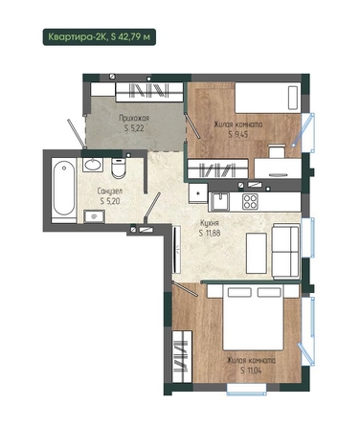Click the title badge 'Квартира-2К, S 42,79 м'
[100, 37]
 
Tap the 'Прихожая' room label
[134, 119]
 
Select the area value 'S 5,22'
[134, 128]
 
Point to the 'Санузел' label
[110, 191]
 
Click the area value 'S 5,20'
[110, 201]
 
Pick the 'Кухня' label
[210, 223]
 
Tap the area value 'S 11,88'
[210, 233]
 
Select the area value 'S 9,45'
[238, 134]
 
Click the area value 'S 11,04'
[251, 371]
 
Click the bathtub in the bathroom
[64, 191]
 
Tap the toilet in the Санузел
[119, 168]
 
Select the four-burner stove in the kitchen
[250, 202]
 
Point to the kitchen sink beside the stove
[219, 202]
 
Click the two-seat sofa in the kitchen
[285, 251]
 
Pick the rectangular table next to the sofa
[257, 253]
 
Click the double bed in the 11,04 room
[253, 317]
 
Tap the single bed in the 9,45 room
[268, 98]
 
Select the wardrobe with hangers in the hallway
[149, 91]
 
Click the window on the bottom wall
[246, 390]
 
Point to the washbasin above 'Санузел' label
[93, 165]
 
